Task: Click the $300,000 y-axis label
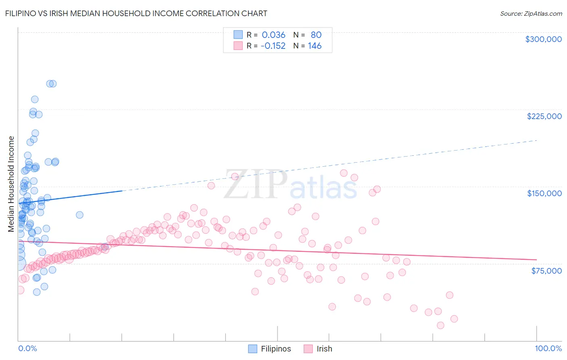coord(543,39)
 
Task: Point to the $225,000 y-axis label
coord(544,116)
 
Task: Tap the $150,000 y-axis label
coord(544,193)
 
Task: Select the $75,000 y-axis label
coord(546,270)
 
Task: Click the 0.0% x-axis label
coord(27,349)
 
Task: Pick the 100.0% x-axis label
coord(548,349)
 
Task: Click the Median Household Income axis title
coord(11,184)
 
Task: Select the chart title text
coord(136,13)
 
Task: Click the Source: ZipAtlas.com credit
coord(531,14)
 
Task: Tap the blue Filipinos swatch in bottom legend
coord(252,349)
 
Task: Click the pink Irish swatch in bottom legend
coord(308,349)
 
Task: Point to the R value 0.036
coord(273,35)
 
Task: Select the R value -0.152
coord(273,46)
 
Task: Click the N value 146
coord(315,46)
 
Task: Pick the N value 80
coord(316,35)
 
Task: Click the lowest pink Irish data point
coord(440,325)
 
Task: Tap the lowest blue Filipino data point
coord(37,292)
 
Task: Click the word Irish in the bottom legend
coord(324,349)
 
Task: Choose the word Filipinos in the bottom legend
coord(276,349)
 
